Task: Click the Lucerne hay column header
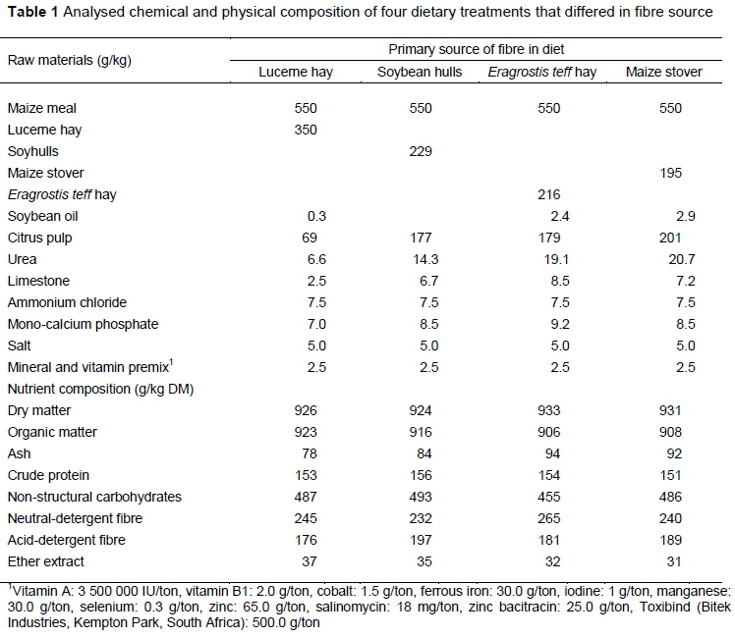click(295, 73)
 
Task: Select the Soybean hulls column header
click(419, 73)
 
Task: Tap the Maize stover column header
click(664, 73)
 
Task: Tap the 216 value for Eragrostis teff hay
click(549, 194)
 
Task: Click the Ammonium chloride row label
click(59, 302)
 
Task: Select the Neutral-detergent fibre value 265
click(549, 518)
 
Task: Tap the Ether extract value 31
click(685, 561)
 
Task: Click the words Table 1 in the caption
click(29, 15)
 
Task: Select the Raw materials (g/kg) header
click(70, 60)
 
